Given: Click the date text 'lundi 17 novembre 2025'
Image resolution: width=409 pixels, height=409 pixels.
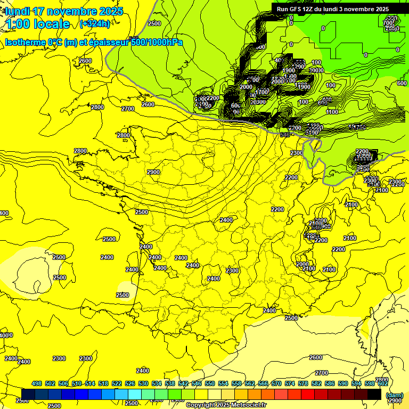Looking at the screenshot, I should coord(64,11).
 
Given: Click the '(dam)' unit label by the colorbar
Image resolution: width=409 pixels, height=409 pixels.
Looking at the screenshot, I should coord(394,395).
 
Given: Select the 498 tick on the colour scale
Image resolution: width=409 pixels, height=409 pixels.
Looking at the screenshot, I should coord(37,383).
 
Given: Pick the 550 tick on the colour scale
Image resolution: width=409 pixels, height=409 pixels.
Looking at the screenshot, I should coord(210,383).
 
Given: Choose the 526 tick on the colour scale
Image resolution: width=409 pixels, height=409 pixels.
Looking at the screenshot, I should coord(130,383).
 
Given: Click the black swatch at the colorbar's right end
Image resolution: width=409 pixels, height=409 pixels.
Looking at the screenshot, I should coord(374,394).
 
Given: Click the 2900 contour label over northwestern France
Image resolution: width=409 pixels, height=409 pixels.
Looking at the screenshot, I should coord(153,172).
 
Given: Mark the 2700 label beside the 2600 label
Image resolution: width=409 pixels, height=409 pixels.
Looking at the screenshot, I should coord(128,109).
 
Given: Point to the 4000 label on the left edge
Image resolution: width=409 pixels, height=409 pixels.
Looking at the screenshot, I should coord(6,336).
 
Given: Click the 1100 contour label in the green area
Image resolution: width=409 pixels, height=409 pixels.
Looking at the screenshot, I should coord(332,112).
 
